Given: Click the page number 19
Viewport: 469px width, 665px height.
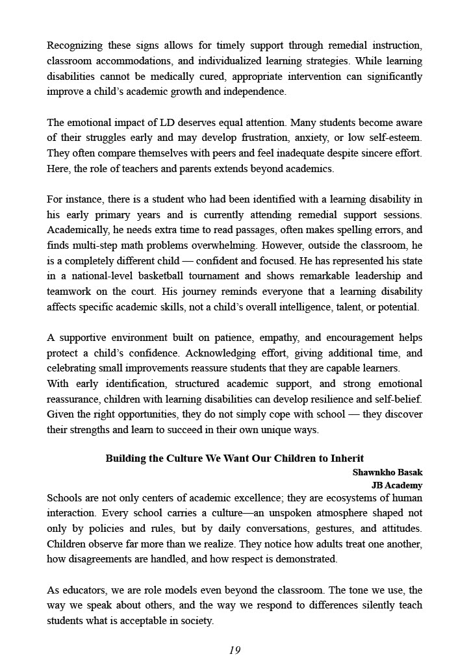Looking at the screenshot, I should (234, 650).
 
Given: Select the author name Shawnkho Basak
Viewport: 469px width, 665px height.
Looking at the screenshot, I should (387, 473).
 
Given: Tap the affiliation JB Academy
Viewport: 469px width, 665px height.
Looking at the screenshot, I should (396, 485).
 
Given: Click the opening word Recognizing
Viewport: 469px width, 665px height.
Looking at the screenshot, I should (75, 46).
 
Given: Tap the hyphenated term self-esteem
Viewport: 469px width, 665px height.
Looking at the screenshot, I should (396, 138).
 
